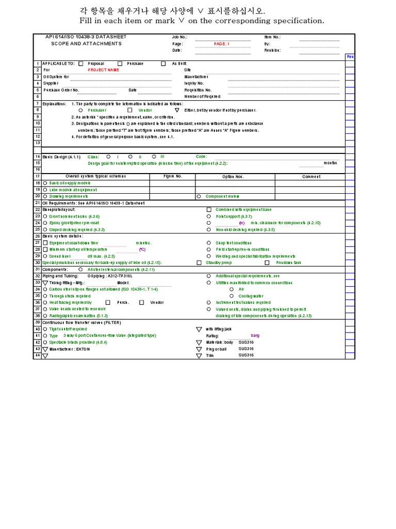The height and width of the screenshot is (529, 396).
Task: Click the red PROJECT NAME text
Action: (103, 70)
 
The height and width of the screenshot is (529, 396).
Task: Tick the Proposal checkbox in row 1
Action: (80, 64)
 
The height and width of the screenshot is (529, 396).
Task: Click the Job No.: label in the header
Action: (180, 37)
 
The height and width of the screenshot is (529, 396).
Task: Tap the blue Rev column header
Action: (350, 56)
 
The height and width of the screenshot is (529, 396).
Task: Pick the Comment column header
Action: (311, 176)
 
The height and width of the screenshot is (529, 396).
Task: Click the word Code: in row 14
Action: (201, 157)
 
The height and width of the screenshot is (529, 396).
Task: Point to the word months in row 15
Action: (331, 163)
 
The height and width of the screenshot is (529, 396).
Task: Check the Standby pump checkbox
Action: (199, 262)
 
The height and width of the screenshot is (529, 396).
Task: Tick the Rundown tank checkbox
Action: (267, 262)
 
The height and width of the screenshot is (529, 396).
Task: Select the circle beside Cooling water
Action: (232, 295)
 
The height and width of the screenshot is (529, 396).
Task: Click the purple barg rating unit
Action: (255, 335)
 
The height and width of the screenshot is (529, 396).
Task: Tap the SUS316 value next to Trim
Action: (246, 355)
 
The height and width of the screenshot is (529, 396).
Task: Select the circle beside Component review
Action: (199, 196)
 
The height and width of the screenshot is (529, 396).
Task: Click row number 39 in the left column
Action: (37, 322)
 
